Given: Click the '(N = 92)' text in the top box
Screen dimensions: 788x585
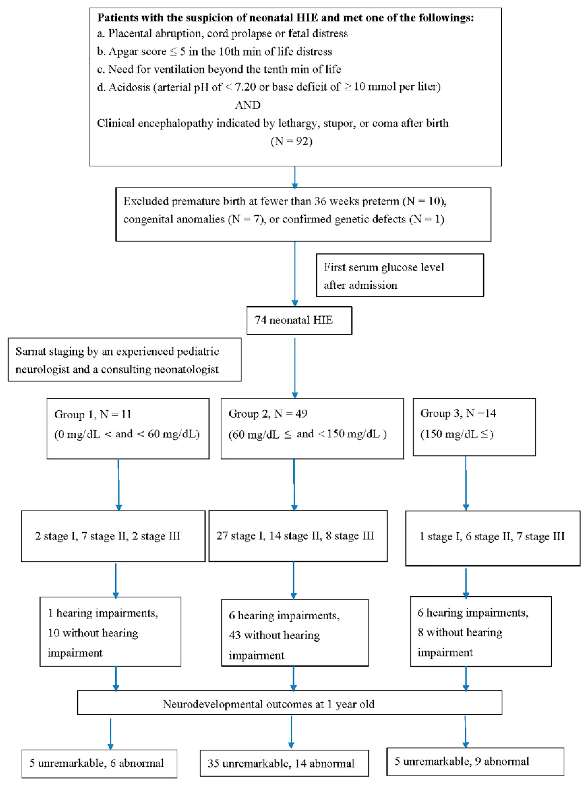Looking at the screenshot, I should tap(291, 141).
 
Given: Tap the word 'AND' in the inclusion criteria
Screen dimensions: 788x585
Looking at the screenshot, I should tap(248, 105).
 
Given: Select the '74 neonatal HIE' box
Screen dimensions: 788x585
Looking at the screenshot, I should tap(299, 320).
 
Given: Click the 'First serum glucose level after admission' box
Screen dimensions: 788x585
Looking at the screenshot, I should tap(400, 276).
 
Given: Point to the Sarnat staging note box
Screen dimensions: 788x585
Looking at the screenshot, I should tap(125, 360).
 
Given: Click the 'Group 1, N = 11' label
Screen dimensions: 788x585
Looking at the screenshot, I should tap(93, 414).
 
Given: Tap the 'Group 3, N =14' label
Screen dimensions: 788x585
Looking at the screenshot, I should tap(458, 413).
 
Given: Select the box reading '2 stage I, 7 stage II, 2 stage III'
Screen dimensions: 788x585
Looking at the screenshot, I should tap(113, 536).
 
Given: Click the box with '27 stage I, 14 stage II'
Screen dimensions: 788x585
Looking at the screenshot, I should tap(297, 536).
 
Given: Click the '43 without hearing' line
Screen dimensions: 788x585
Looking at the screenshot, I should tap(274, 635).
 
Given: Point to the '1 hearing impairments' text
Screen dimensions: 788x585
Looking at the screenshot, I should tap(103, 613).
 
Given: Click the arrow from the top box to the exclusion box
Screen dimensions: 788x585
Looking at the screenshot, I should tap(295, 177).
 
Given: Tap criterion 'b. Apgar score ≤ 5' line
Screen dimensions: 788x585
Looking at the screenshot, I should tap(215, 51).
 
